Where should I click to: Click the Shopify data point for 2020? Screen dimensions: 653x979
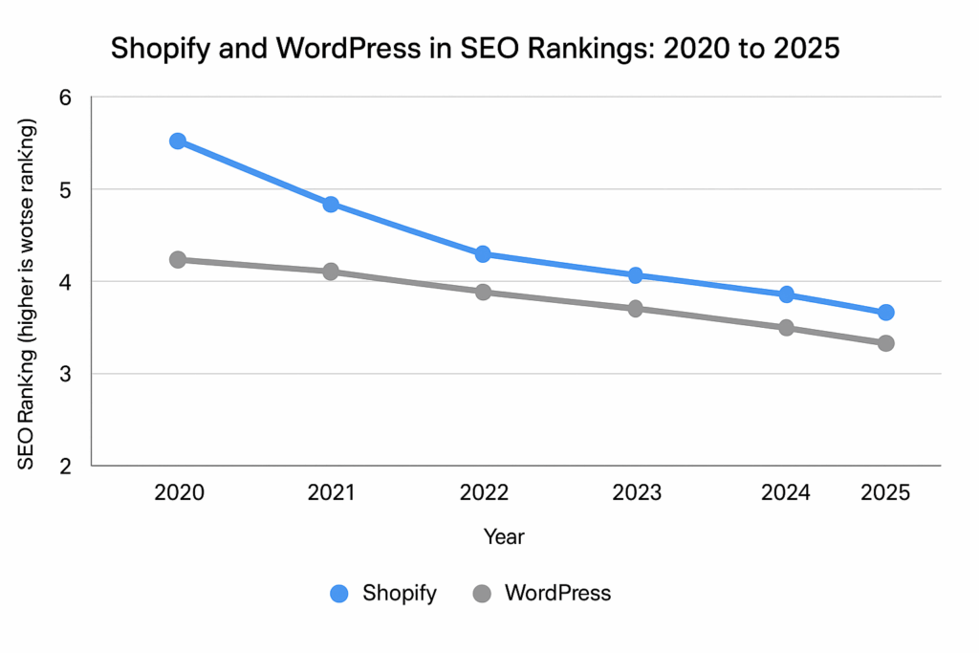[178, 141]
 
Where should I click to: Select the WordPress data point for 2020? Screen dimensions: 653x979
[178, 259]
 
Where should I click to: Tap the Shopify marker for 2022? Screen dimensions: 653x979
[483, 254]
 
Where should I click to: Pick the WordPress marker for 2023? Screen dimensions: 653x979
[635, 309]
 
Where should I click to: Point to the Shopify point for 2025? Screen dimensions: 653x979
[885, 313]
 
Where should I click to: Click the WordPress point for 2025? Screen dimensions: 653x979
[885, 343]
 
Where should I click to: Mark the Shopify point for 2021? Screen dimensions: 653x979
[331, 204]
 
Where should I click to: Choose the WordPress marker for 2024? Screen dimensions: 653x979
[787, 327]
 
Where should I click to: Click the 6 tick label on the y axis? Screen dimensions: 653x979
[66, 98]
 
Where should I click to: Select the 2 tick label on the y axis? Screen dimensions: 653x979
[66, 467]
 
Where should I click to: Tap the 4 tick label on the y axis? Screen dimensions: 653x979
[66, 282]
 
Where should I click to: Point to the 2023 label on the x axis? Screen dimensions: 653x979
[637, 493]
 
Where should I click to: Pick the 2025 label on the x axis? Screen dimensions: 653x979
[885, 493]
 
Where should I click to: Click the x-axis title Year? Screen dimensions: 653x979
[504, 536]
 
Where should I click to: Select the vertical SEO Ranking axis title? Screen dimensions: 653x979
[27, 296]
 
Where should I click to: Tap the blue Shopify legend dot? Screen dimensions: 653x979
[338, 594]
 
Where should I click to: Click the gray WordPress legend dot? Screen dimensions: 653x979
[482, 594]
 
